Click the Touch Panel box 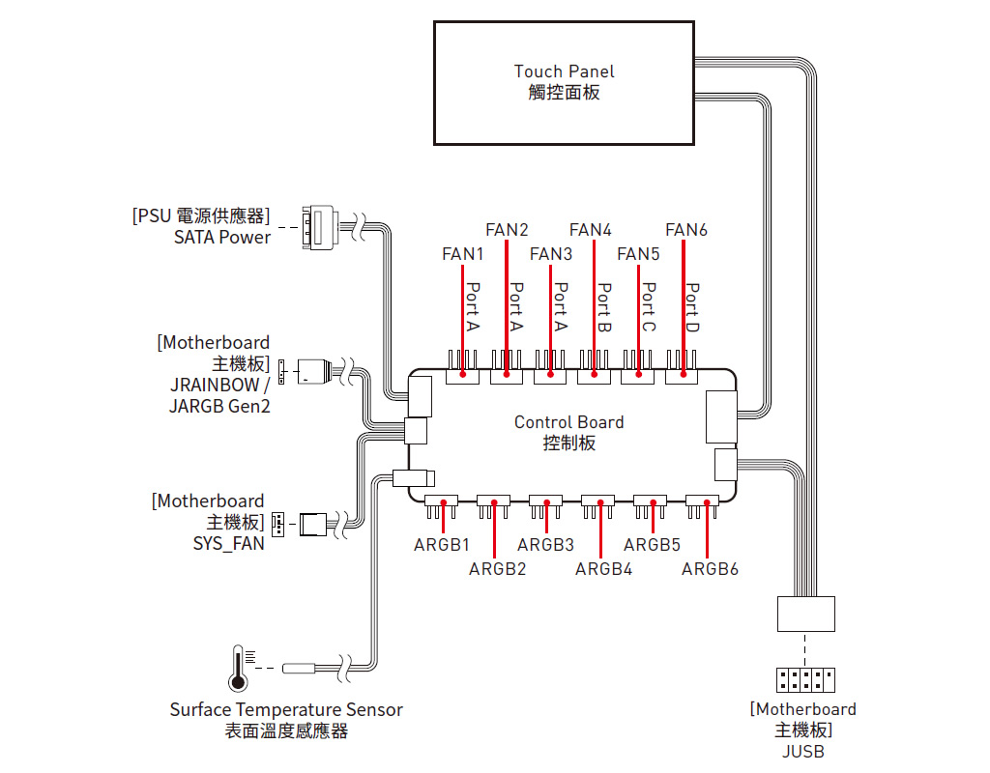564,83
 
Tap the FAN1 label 463,254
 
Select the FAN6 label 686,230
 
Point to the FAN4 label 591,230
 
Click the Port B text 604,307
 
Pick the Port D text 692,307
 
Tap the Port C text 649,307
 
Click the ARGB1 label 441,545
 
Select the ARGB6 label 710,569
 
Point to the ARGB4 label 603,569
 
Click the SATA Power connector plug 319,227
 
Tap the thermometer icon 238,669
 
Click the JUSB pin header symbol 805,680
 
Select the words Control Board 568,422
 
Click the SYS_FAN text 228,543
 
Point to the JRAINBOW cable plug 314,372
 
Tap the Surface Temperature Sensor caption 286,710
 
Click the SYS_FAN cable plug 312,525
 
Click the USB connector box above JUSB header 806,614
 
